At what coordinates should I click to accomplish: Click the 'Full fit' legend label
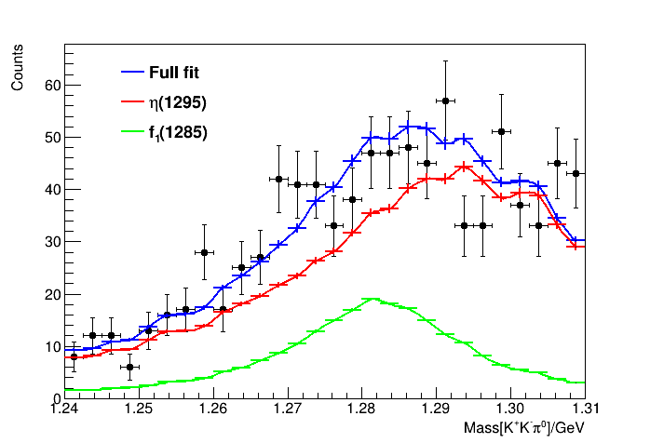click(x=174, y=72)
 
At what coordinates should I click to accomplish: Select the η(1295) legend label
click(x=177, y=102)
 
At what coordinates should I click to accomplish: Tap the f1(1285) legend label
click(x=177, y=133)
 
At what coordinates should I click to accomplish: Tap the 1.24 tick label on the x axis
click(x=64, y=409)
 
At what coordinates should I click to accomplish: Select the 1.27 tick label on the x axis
click(x=288, y=409)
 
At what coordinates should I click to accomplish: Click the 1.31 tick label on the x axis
click(x=586, y=409)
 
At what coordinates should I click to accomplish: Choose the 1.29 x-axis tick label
click(x=437, y=409)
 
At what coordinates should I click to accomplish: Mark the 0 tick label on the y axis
click(x=55, y=397)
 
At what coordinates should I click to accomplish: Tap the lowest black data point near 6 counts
click(x=129, y=367)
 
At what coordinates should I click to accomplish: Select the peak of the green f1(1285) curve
click(x=372, y=299)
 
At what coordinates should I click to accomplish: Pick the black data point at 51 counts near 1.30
click(x=502, y=132)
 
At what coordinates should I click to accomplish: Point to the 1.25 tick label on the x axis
click(x=139, y=409)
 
